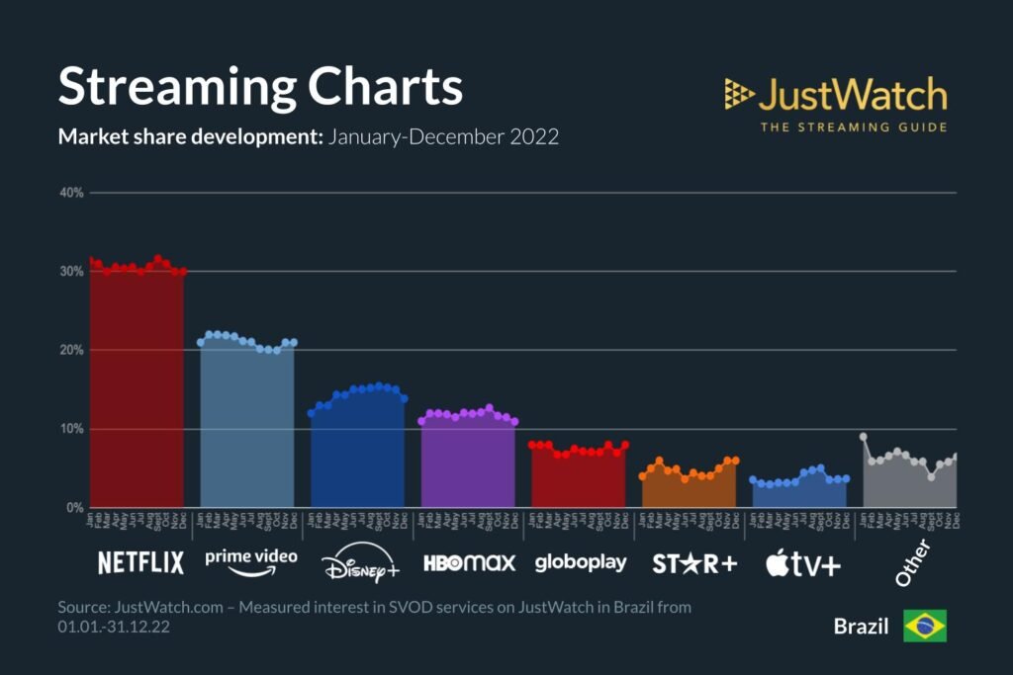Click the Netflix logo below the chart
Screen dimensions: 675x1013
point(140,563)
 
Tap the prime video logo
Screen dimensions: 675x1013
point(250,559)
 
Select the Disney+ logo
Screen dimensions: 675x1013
point(360,565)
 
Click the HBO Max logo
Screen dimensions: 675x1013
point(470,563)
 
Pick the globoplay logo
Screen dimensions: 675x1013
point(581,563)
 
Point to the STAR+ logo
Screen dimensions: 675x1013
point(694,563)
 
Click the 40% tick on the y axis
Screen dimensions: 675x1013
point(71,193)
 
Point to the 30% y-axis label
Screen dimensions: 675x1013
point(71,271)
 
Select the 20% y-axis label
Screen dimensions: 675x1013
point(71,350)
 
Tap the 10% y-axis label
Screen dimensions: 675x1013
point(71,429)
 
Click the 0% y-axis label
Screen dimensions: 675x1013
point(74,508)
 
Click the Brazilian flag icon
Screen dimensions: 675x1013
point(924,626)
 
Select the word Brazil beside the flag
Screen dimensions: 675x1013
point(861,627)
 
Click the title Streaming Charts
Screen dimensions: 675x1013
point(260,87)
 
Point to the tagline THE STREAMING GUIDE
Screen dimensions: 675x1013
point(853,127)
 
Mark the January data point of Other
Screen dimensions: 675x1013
point(864,436)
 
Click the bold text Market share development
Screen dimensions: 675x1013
point(191,136)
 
